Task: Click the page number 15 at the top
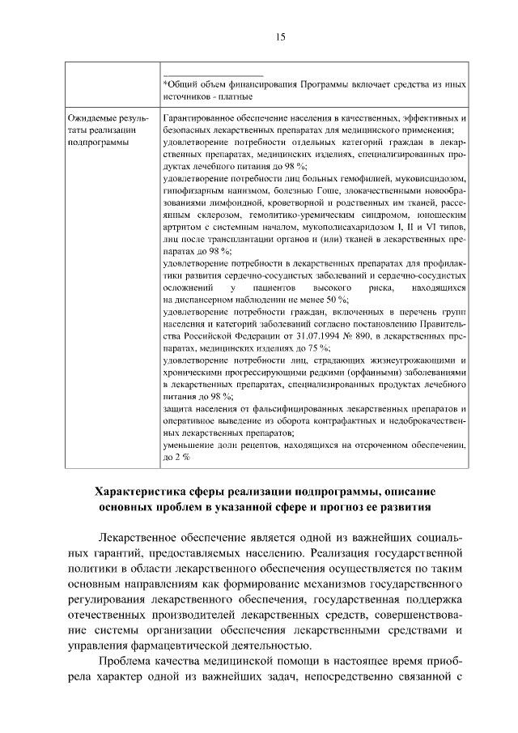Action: tap(279, 36)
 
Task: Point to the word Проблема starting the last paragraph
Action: tap(127, 663)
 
